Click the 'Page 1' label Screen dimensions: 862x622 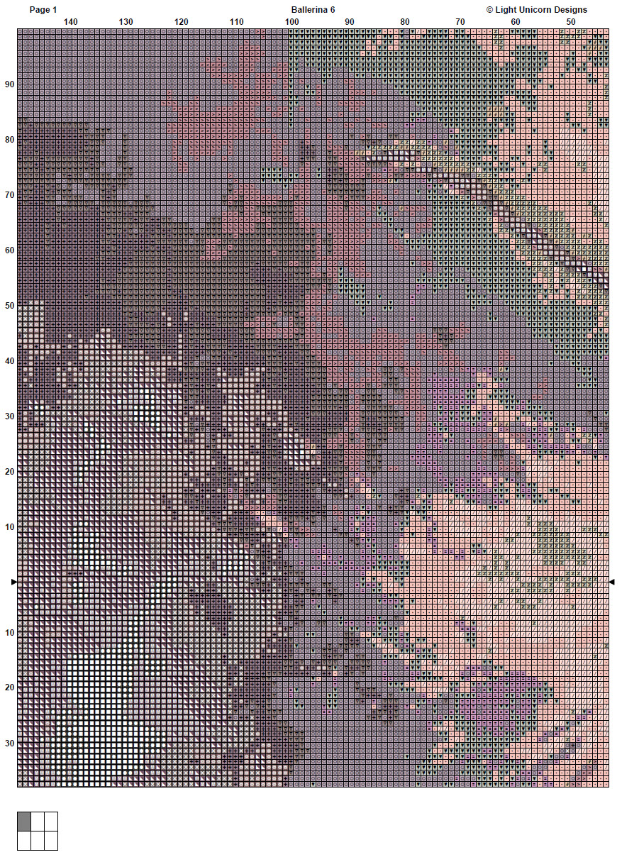coord(43,10)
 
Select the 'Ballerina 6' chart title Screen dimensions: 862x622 coord(313,10)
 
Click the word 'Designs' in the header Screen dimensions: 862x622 coord(570,10)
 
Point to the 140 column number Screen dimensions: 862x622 coord(70,22)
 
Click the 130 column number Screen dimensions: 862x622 coord(126,22)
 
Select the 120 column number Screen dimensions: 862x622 coord(182,22)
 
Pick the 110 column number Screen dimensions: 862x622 coord(237,22)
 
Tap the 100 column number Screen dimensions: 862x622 coord(291,22)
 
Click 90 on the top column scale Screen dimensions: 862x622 coord(350,22)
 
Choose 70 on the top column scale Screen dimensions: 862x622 coord(460,22)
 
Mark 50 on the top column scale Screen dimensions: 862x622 coord(571,22)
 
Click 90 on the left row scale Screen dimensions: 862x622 coord(9,84)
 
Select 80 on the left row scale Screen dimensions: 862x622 coord(9,140)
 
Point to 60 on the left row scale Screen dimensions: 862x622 coord(9,250)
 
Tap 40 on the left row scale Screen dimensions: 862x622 coord(9,361)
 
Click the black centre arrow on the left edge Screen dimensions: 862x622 coord(13,582)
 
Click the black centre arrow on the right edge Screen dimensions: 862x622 coord(612,582)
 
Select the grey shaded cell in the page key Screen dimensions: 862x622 coord(24,822)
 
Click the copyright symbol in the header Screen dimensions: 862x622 coord(489,10)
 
